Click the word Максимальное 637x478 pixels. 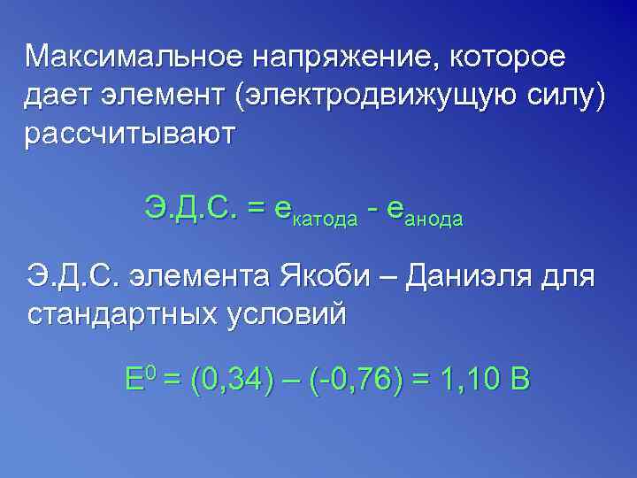[x=131, y=58]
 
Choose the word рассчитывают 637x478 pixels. [x=130, y=135]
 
